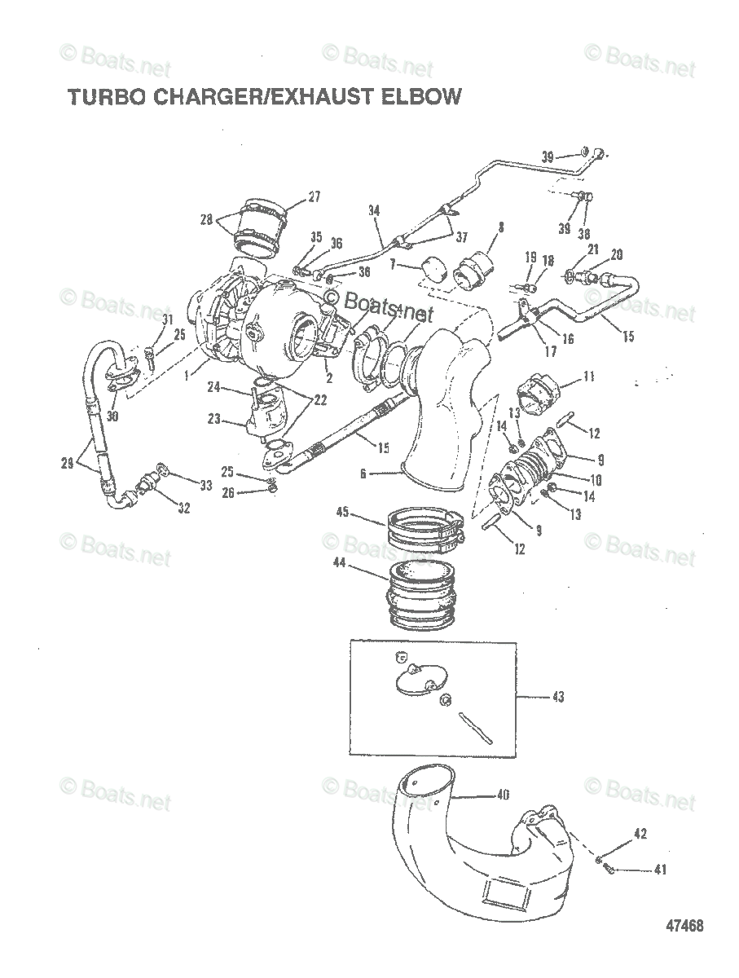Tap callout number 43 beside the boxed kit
click(x=557, y=698)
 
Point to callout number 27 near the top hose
click(x=291, y=196)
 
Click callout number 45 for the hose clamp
click(x=343, y=512)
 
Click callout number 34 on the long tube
click(x=374, y=210)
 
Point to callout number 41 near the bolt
click(x=659, y=870)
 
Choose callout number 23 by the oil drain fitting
click(x=214, y=419)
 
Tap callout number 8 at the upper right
click(x=501, y=227)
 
